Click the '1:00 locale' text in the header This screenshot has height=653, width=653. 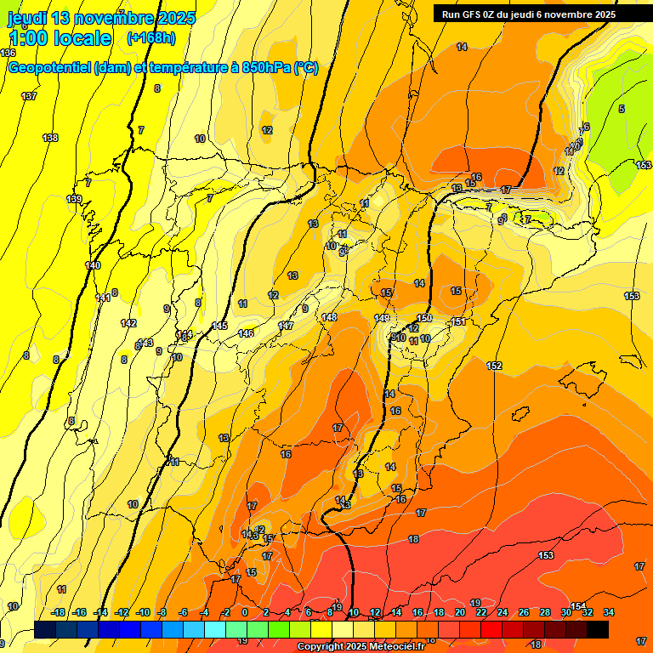point(60,38)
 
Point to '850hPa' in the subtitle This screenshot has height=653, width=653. point(264,68)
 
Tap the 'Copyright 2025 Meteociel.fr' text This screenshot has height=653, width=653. point(361,647)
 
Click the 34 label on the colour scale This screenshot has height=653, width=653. point(608,612)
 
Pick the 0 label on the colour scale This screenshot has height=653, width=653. point(245,612)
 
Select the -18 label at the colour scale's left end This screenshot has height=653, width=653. point(59,612)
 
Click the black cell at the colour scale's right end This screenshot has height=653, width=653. point(598,629)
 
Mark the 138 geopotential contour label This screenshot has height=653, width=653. point(50,138)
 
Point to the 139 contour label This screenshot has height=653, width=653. point(74,199)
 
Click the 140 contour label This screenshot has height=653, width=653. point(93,265)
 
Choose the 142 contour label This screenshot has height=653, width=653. point(128,323)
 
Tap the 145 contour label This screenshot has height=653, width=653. point(219,326)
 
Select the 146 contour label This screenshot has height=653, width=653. point(246,333)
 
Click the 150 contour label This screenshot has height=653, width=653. point(424,318)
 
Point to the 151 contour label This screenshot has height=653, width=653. point(458,321)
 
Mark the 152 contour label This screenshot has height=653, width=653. point(494,366)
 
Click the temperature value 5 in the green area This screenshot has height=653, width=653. point(622,109)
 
